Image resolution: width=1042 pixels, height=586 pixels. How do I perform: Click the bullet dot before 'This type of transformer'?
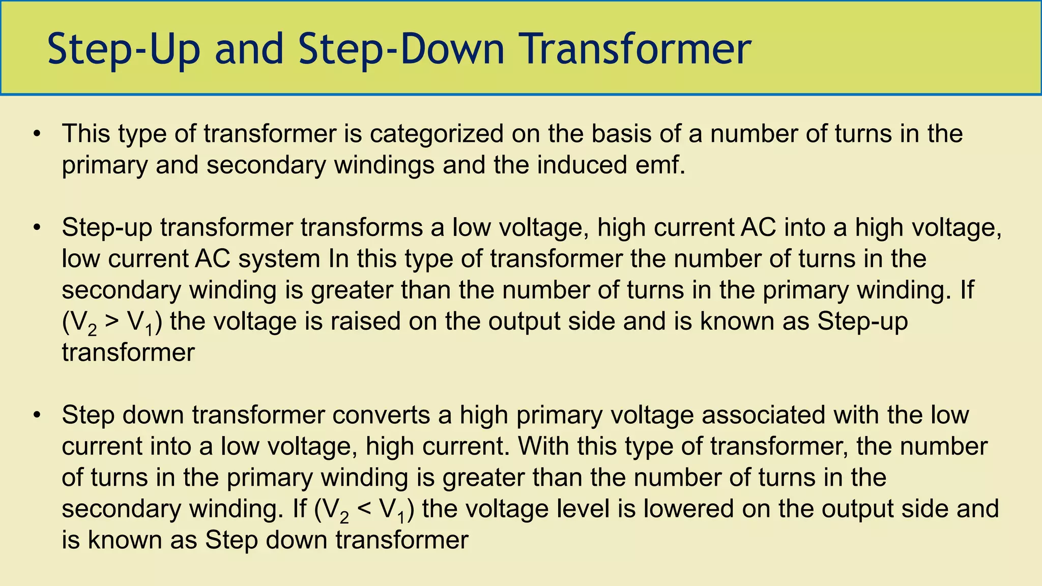pos(36,134)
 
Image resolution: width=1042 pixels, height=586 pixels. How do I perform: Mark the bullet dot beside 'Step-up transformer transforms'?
pos(36,227)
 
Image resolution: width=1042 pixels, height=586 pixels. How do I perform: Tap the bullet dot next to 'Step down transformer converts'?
pos(36,415)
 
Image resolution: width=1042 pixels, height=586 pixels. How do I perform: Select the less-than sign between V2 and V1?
pos(364,509)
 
